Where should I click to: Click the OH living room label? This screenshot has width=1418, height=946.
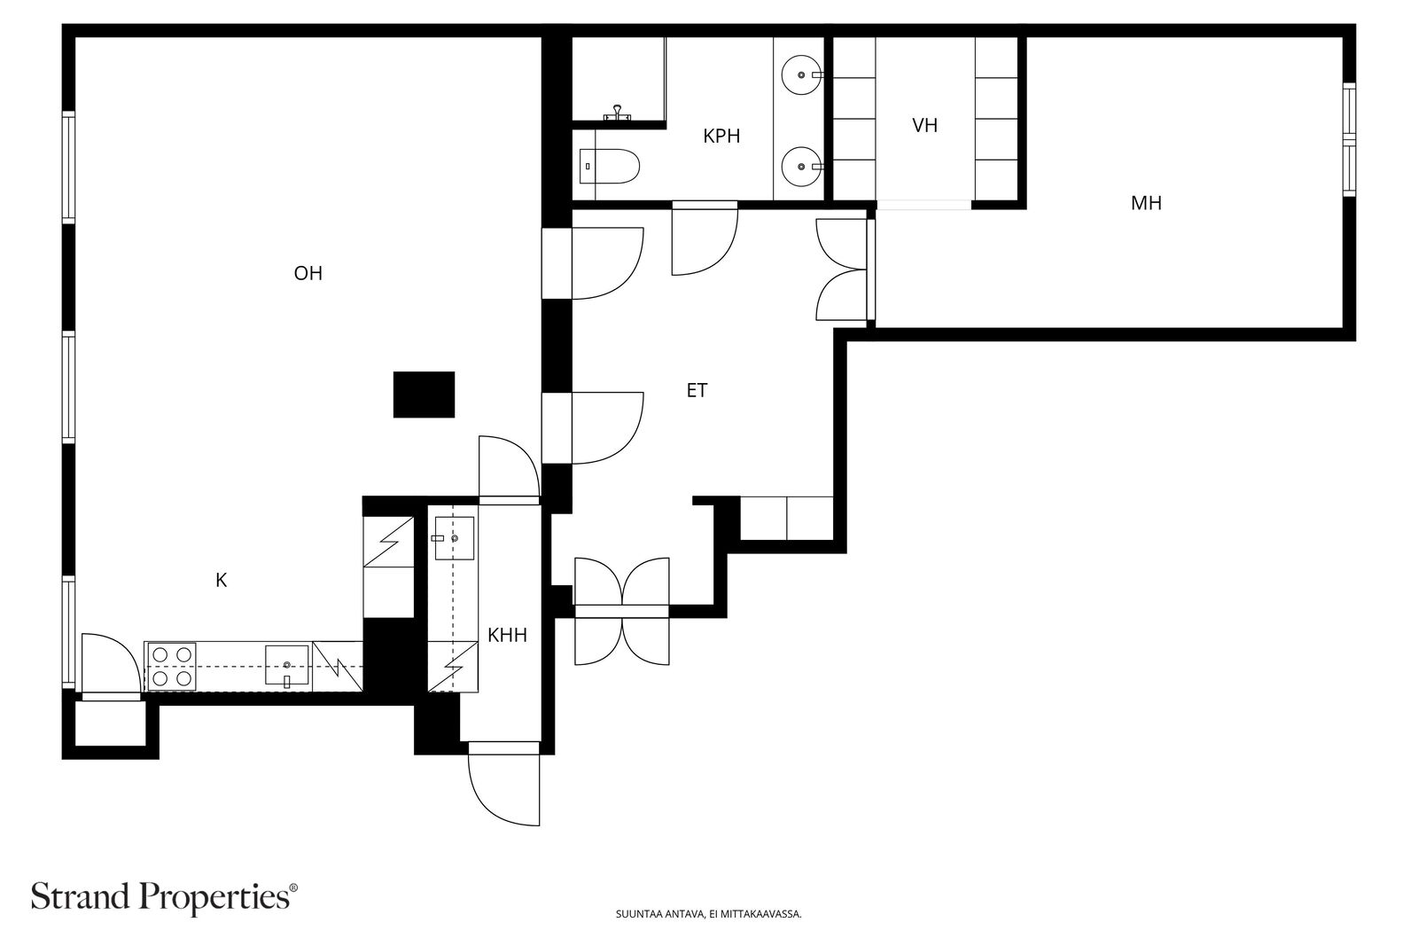tap(308, 274)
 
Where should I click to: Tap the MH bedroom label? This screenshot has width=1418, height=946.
tap(1147, 203)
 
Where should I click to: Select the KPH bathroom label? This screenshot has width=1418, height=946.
tap(721, 137)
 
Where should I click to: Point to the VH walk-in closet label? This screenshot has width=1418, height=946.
tap(925, 125)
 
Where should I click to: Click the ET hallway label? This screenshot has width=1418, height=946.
tap(697, 390)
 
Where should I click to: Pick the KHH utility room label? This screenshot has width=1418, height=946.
tap(507, 635)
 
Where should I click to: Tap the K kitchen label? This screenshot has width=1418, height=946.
tap(221, 580)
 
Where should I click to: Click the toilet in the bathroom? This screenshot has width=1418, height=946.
tap(610, 167)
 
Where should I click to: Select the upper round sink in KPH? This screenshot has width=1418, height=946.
tap(802, 74)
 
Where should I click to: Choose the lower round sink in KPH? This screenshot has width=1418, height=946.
tap(802, 167)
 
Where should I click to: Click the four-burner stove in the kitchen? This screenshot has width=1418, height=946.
tap(172, 667)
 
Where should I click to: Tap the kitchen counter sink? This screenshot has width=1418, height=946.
tap(287, 666)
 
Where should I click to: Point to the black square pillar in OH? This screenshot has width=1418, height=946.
tap(425, 395)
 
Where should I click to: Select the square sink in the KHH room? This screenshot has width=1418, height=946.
tap(454, 538)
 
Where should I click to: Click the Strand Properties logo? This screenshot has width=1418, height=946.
tap(164, 897)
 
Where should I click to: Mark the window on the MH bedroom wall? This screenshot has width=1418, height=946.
tap(1349, 140)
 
